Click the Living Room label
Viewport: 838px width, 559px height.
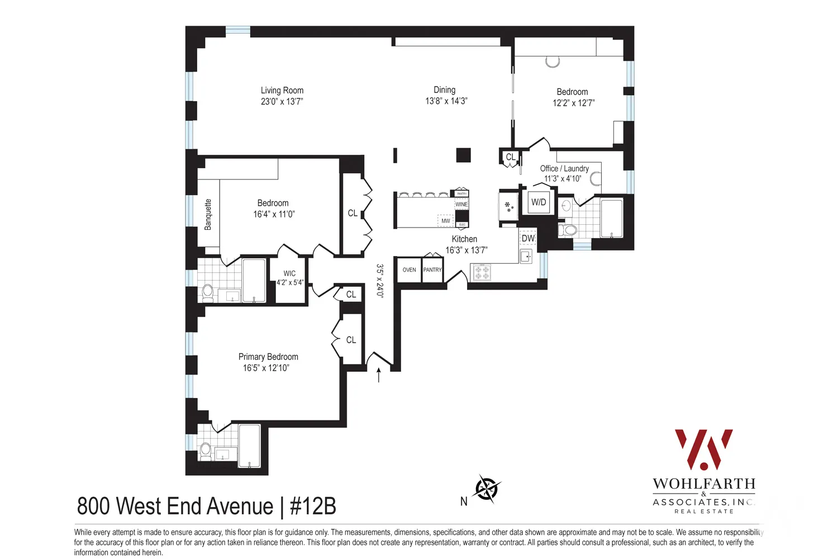coord(282,91)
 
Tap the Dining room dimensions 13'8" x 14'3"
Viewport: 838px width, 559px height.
coord(446,101)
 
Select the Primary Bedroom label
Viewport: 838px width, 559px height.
coord(268,357)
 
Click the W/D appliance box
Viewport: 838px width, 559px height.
coord(539,202)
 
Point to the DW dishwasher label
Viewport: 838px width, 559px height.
coord(528,239)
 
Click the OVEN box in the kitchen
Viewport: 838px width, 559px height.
coord(409,270)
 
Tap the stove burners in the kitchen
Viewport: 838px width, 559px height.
coord(482,273)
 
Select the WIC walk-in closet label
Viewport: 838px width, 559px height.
coord(289,273)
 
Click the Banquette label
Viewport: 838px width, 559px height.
coord(208,215)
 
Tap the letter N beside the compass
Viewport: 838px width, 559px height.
coord(464,502)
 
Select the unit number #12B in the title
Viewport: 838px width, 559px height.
coord(313,506)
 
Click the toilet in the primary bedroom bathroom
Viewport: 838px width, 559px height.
coord(205,451)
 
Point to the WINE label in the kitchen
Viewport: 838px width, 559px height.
coord(461,205)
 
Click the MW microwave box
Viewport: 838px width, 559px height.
coord(445,221)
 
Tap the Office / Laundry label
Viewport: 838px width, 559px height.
coord(564,168)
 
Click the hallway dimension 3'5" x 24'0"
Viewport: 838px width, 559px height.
coord(380,281)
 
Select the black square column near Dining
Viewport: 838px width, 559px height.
coord(463,155)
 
